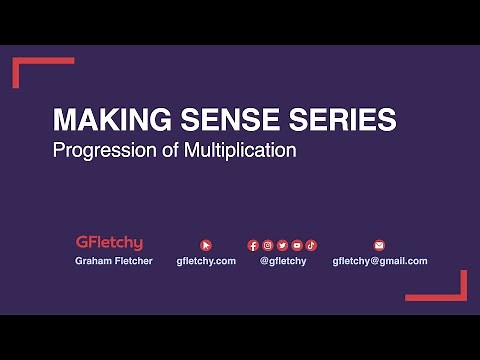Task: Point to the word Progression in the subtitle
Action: pyautogui.click(x=98, y=152)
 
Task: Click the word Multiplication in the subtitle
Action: pyautogui.click(x=234, y=152)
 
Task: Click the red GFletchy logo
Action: pyautogui.click(x=109, y=243)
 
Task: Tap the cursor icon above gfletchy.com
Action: pyautogui.click(x=206, y=244)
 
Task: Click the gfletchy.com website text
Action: pyautogui.click(x=206, y=261)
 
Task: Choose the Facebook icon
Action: pyautogui.click(x=253, y=244)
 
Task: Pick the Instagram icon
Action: pyautogui.click(x=268, y=244)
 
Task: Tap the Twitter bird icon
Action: pyautogui.click(x=282, y=244)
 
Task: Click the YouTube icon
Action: pyautogui.click(x=297, y=244)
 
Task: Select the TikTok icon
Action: pyautogui.click(x=311, y=244)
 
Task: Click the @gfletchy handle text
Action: pyautogui.click(x=283, y=261)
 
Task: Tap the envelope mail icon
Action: pyautogui.click(x=379, y=244)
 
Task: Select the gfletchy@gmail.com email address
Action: pyautogui.click(x=379, y=261)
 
